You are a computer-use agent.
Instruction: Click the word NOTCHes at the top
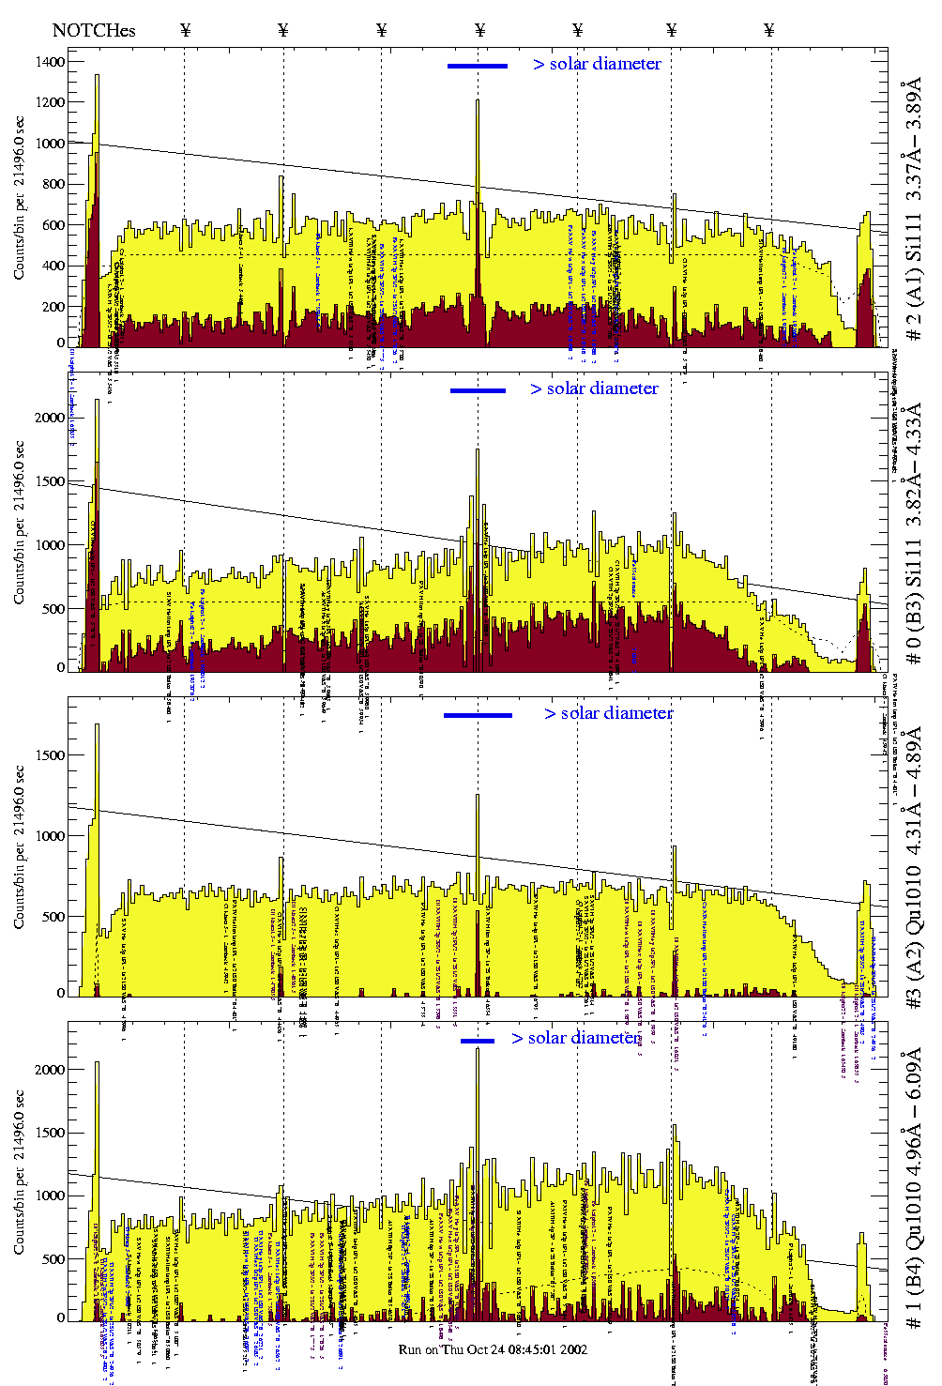[94, 30]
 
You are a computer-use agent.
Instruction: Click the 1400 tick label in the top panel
[51, 62]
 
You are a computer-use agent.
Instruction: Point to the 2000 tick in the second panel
[51, 418]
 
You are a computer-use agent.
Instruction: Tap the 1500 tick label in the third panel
[51, 755]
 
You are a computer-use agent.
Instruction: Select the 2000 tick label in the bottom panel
[51, 1070]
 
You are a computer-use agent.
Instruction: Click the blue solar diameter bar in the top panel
[478, 66]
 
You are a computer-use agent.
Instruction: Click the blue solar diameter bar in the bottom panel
[478, 1041]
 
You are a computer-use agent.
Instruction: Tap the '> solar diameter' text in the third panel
[608, 713]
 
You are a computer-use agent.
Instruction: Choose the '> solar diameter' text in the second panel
[594, 388]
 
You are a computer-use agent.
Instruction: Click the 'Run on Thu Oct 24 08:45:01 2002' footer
[493, 1349]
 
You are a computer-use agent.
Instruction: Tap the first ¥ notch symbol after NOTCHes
[185, 30]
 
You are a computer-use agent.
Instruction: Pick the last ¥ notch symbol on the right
[769, 30]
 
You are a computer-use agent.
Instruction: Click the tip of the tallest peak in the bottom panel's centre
[478, 1048]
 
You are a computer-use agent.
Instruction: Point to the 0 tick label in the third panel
[61, 993]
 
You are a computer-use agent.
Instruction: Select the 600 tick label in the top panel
[54, 225]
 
